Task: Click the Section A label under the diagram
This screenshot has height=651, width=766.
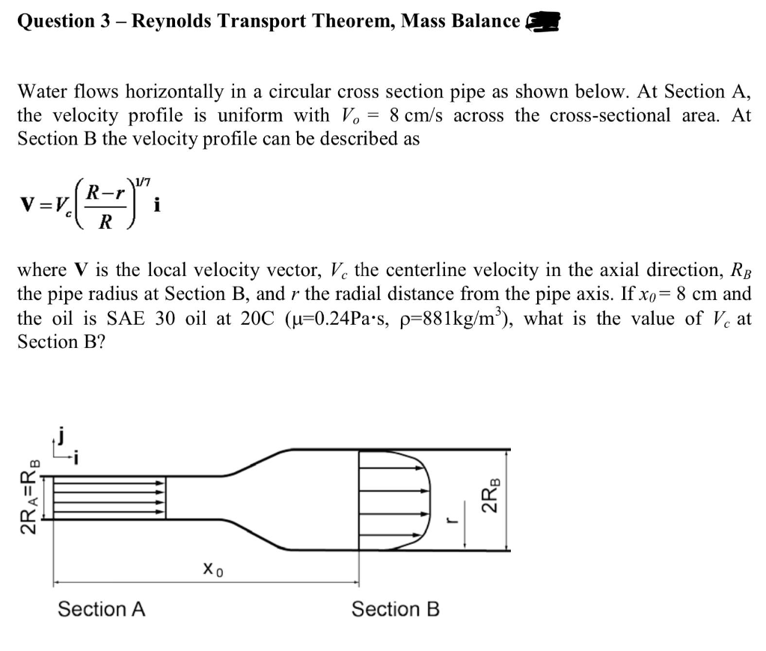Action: point(102,609)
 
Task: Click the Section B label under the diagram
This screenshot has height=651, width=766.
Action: point(396,609)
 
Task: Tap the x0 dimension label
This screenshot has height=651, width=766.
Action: point(214,570)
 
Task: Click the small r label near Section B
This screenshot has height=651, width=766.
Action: point(451,526)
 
